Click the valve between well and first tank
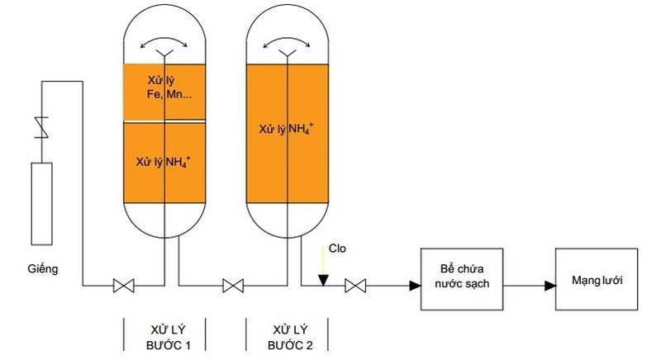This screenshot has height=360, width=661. click(x=124, y=287)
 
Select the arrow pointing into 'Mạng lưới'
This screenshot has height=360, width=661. click(x=549, y=287)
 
